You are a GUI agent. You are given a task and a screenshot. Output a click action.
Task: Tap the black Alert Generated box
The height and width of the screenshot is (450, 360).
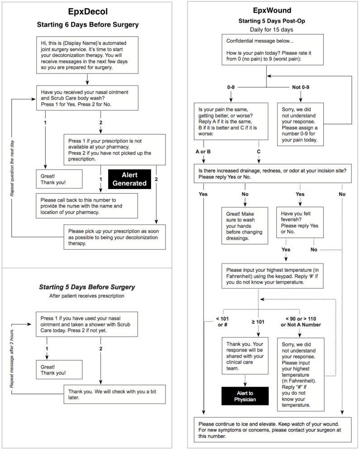[129, 179]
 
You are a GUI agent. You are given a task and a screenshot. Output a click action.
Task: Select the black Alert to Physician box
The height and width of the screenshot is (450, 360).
[245, 396]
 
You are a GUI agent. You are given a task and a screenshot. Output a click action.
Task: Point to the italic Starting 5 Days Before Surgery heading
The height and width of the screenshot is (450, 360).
[86, 287]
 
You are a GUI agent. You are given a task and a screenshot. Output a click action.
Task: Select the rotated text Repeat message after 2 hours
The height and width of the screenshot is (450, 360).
[12, 357]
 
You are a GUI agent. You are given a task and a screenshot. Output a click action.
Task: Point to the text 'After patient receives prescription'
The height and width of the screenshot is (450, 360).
[86, 296]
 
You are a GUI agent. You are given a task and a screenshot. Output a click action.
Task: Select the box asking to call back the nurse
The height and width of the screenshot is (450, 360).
[87, 205]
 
